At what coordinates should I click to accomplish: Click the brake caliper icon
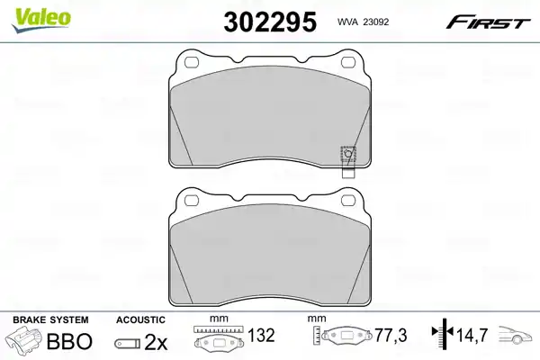click(x=27, y=343)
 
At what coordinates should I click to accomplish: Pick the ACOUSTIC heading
click(x=140, y=320)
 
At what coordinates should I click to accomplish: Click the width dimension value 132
click(x=262, y=336)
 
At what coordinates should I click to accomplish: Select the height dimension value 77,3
click(x=391, y=336)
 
